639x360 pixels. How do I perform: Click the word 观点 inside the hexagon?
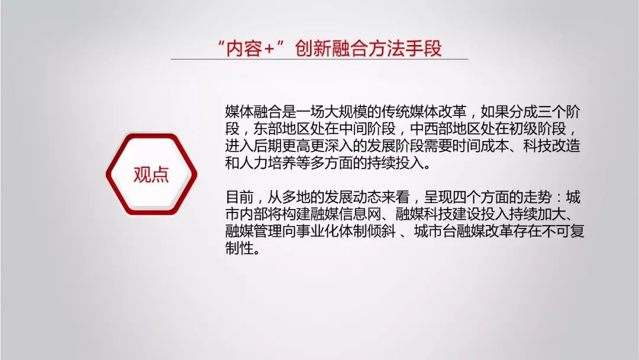pyautogui.click(x=151, y=175)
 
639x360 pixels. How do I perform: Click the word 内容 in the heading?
pyautogui.click(x=244, y=48)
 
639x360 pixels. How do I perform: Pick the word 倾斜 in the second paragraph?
pyautogui.click(x=382, y=231)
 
